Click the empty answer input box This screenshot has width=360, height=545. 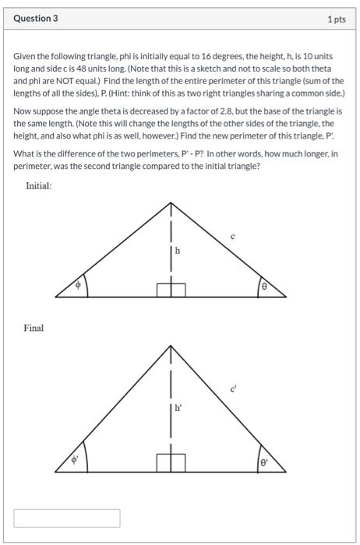[x=67, y=518]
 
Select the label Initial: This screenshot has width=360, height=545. [x=41, y=186]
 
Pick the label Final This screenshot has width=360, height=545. [x=34, y=328]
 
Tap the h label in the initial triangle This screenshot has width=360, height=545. [x=178, y=250]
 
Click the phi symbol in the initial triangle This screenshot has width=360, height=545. [x=77, y=286]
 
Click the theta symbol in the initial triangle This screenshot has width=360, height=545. [x=264, y=287]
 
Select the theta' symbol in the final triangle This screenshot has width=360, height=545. [x=264, y=461]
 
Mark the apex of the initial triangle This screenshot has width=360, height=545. [x=171, y=202]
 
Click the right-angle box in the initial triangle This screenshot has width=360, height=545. [x=171, y=290]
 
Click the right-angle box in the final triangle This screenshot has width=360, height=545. [x=171, y=463]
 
